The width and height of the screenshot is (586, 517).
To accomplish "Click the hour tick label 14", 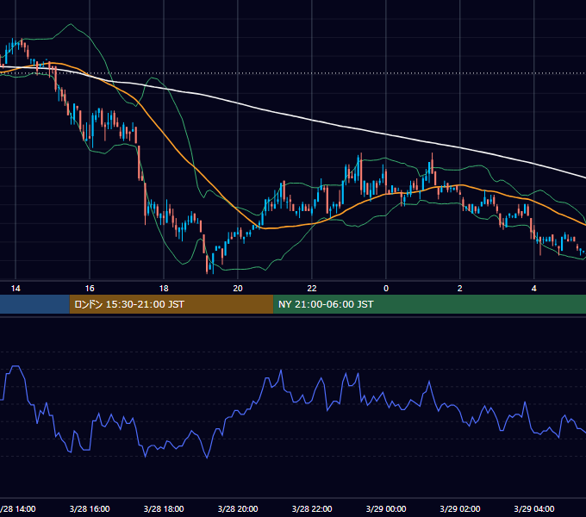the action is (16, 289).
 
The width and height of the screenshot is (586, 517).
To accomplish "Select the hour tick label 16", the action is (90, 289).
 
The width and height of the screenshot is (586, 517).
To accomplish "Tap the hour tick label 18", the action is (164, 289).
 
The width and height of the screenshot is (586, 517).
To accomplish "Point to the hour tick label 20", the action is (238, 289).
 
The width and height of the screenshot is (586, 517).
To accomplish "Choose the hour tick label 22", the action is (312, 289).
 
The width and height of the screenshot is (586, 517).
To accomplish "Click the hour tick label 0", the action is (386, 289).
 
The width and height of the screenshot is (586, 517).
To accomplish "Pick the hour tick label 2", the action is (460, 289).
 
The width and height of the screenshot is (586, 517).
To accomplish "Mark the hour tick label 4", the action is (534, 289).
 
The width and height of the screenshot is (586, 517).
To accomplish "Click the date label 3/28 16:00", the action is (90, 509).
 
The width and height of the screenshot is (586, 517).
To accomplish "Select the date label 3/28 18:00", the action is (164, 509).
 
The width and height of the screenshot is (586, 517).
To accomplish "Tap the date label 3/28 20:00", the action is (238, 509).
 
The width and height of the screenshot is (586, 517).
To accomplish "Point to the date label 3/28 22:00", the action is (312, 509).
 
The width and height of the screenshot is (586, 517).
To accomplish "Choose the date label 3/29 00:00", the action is (386, 509).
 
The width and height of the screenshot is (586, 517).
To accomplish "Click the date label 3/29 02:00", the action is (460, 509).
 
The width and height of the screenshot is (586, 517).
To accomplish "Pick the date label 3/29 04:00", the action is (534, 509).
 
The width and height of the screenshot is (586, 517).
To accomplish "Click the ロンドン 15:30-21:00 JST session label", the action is (129, 304).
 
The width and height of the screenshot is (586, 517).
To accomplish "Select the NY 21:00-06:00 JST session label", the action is (326, 304).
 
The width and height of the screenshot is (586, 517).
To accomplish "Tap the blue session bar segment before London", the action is (34, 304).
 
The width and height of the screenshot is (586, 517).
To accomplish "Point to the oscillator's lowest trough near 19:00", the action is (207, 458).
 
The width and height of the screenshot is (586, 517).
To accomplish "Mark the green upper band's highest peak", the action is (71, 24).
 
